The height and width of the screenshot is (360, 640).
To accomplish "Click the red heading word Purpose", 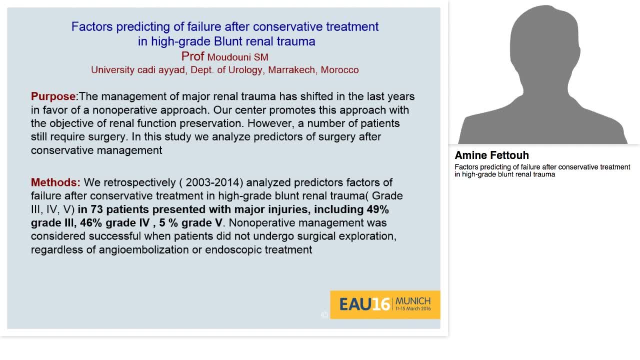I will (x=53, y=96).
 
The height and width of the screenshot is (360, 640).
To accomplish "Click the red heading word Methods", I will (x=55, y=182).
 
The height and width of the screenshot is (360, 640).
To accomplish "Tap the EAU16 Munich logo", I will (x=385, y=304).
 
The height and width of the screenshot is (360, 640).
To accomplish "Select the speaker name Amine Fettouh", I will (x=491, y=155).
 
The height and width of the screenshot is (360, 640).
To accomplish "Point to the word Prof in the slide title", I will (x=192, y=56).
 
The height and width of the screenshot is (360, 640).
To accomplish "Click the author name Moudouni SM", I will (x=237, y=57).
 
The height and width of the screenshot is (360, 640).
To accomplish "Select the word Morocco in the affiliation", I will (x=339, y=70).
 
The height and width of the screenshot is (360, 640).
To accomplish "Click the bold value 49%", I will (x=378, y=209).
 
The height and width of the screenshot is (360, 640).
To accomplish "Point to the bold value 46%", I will (x=91, y=223).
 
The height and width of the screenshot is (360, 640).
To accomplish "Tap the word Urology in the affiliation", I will (x=245, y=70).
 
